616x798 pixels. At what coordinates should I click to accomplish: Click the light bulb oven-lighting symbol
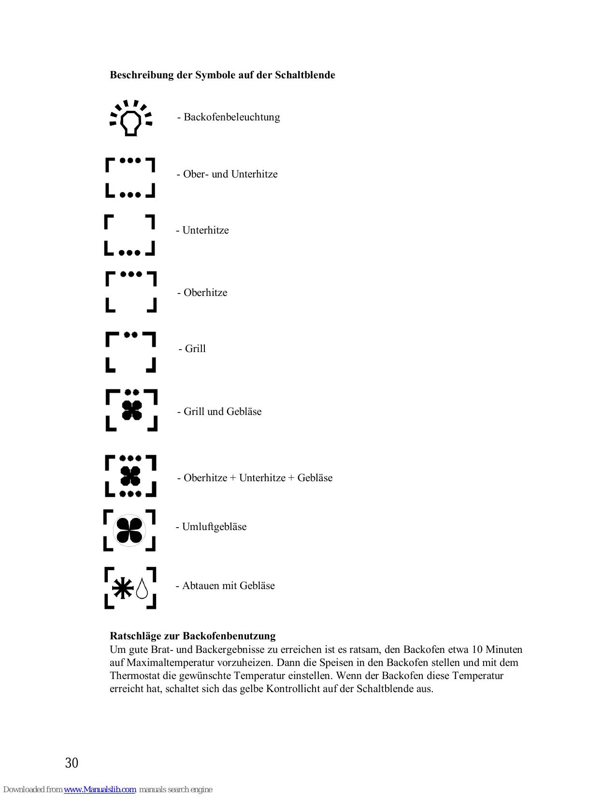[130, 118]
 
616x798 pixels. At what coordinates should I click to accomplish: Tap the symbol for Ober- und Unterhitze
[130, 177]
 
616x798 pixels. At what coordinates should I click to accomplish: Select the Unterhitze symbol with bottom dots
[129, 235]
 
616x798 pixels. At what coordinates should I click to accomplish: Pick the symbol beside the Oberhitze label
[131, 292]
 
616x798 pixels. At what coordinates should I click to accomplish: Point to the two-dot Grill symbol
[130, 352]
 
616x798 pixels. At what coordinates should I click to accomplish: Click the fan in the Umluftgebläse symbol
[129, 530]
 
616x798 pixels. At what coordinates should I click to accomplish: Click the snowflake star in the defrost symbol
[123, 588]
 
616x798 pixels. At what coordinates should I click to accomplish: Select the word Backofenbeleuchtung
[231, 117]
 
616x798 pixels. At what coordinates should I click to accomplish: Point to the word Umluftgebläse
[214, 527]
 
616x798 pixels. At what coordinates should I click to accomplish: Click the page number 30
[72, 763]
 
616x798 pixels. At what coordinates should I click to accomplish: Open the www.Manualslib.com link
[100, 789]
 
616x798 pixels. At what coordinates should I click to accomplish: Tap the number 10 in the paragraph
[477, 650]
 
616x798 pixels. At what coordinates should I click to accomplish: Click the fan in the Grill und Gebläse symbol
[131, 411]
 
